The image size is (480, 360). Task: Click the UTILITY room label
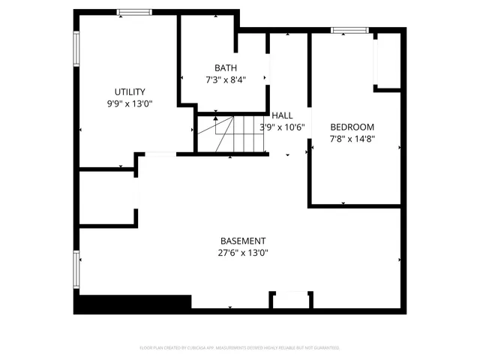130,92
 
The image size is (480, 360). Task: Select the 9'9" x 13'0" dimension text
130,104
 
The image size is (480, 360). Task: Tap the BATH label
225,67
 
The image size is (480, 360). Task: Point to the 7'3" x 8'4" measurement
225,79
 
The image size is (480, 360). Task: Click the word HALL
282,115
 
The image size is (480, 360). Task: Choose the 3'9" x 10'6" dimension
282,127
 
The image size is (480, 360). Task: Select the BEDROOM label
352,127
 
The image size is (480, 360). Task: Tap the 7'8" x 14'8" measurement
352,139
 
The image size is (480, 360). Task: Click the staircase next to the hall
231,135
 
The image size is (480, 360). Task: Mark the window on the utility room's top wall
134,12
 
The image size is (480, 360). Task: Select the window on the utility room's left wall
76,49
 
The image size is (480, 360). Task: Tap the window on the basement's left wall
76,270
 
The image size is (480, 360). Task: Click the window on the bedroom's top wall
349,31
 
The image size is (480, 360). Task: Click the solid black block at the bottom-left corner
132,304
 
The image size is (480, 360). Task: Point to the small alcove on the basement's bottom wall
290,300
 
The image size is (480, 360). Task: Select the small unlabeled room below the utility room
107,197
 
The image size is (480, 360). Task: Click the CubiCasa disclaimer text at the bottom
240,348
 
